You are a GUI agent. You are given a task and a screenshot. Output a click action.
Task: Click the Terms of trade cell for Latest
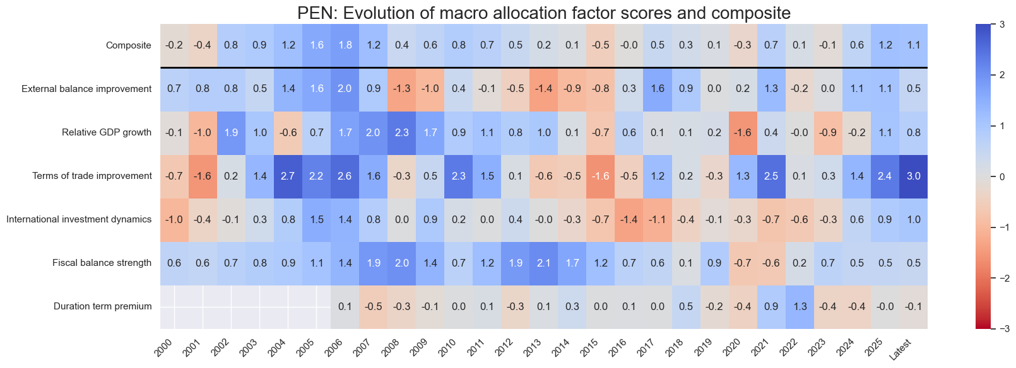click(913, 176)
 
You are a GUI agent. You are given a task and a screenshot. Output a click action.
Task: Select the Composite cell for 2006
click(345, 45)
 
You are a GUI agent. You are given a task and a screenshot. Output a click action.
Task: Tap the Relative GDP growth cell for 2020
click(743, 132)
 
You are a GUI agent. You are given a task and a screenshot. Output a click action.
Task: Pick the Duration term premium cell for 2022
click(800, 307)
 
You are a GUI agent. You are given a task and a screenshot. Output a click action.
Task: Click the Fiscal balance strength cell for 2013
click(544, 263)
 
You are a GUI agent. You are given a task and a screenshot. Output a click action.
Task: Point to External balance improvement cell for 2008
click(401, 89)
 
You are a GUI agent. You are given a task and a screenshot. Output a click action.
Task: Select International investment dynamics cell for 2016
click(629, 220)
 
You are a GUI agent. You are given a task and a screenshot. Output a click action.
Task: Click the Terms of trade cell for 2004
click(288, 176)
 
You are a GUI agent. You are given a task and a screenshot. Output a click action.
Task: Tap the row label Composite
click(129, 45)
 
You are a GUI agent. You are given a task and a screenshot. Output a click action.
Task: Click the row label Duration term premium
click(102, 307)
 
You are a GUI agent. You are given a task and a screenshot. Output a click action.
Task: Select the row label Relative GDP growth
click(107, 132)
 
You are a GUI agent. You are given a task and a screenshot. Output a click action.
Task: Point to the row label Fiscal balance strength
click(102, 263)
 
